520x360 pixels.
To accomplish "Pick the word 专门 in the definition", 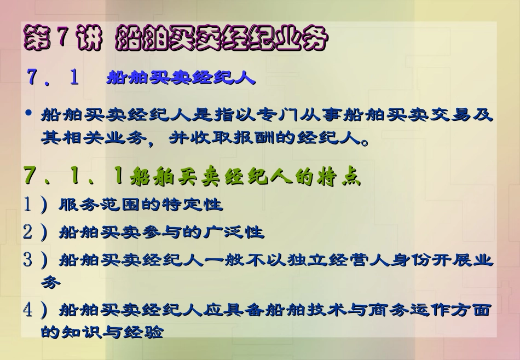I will pos(291,115).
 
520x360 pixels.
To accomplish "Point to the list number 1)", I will pos(35,205).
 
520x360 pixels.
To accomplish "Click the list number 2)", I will pos(35,232).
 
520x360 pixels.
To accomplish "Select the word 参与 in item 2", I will pos(182,232).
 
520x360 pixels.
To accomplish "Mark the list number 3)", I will pos(35,259).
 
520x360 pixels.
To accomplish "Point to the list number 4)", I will pos(35,310).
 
